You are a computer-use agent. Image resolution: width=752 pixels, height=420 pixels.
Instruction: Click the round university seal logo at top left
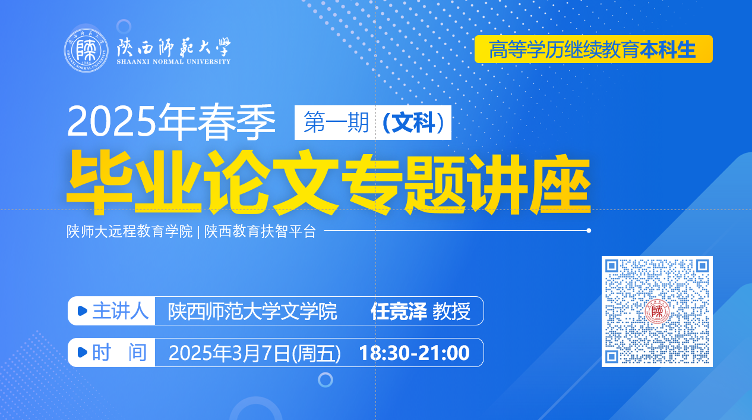tap(86, 51)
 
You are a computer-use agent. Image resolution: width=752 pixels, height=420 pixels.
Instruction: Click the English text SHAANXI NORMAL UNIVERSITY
tap(173, 61)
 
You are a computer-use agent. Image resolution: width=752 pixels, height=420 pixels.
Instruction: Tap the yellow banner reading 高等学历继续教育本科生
tap(593, 49)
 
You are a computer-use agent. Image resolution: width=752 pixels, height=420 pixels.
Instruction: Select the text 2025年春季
tap(171, 122)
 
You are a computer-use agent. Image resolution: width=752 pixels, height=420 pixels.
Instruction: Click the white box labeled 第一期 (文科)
tap(372, 123)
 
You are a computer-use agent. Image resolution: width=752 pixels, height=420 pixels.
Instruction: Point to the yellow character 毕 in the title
tap(100, 181)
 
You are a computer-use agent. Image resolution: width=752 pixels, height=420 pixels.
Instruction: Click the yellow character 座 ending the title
tap(560, 184)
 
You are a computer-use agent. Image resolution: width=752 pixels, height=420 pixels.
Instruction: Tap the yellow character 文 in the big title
tap(305, 183)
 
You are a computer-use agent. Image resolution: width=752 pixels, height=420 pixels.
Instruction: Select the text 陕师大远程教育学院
tap(129, 231)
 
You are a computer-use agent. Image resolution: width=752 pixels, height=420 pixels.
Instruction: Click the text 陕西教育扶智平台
tap(260, 231)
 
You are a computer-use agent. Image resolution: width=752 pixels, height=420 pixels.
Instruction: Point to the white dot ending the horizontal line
tap(589, 230)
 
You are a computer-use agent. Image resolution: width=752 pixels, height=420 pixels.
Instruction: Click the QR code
tap(657, 311)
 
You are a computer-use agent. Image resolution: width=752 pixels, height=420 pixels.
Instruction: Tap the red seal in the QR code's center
tap(657, 311)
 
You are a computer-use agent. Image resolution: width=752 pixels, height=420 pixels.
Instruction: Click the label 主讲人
tap(121, 311)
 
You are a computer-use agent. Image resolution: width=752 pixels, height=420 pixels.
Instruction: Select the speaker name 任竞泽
tap(399, 311)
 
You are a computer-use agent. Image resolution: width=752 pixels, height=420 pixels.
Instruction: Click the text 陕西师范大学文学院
tap(252, 311)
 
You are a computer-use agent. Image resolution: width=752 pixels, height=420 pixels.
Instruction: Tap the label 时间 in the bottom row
tap(119, 352)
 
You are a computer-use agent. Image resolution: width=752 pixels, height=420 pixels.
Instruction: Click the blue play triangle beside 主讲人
tap(82, 311)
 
